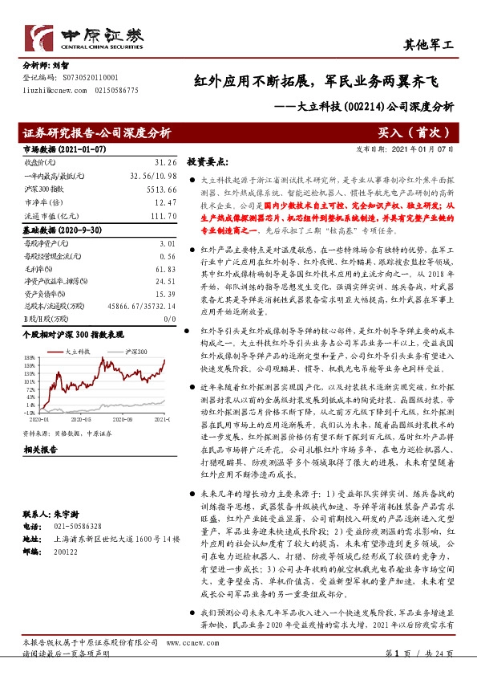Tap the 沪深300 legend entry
pyautogui.click(x=136, y=352)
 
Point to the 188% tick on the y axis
pyautogui.click(x=30, y=356)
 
